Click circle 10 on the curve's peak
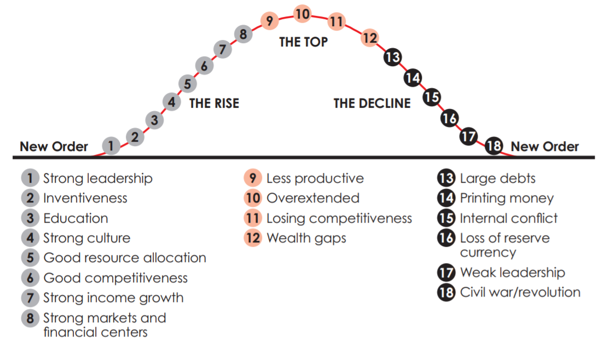303,14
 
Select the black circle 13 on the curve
392,57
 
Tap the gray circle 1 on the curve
111,146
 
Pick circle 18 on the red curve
494,146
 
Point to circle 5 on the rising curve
188,84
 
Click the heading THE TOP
303,42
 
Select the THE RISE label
214,103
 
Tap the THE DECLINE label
372,103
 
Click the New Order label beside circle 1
54,147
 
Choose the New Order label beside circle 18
544,147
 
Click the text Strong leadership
98,178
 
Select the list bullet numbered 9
253,178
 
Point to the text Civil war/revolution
520,292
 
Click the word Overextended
312,198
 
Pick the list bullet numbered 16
446,239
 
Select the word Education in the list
76,218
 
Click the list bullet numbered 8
30,318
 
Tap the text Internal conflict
509,218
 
